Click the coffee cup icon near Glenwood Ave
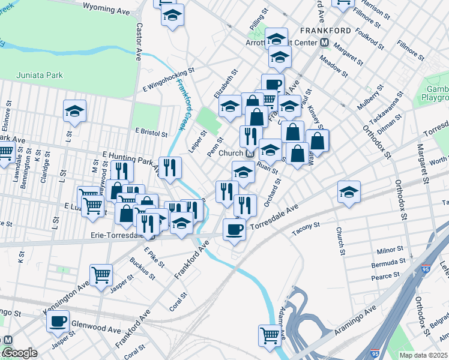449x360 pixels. (58, 321)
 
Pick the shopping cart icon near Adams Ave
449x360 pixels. (270, 335)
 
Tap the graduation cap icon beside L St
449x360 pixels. (74, 111)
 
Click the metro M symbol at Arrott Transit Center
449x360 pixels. (324, 42)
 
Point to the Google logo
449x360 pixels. (20, 353)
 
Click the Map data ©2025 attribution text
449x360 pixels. (424, 355)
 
